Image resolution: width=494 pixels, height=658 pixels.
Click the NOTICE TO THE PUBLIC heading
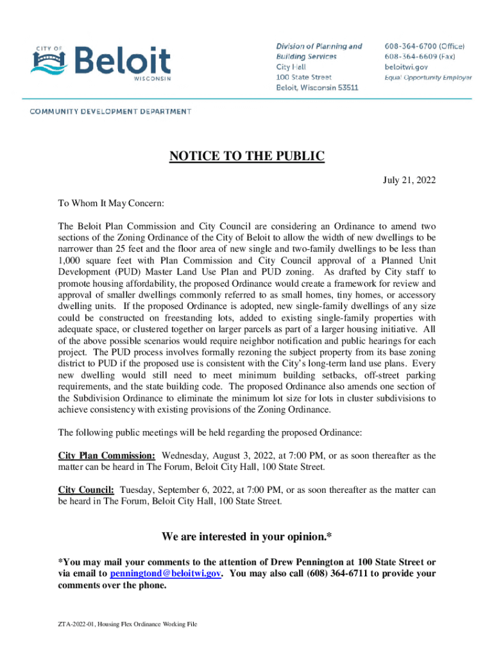point(247,156)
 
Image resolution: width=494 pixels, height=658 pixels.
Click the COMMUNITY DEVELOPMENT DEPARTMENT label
point(110,111)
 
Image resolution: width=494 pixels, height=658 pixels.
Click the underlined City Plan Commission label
point(106,456)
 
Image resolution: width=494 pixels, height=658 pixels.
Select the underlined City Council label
point(86,490)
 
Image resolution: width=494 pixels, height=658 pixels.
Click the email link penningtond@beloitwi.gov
point(166,573)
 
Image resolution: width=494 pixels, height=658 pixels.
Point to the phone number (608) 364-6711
point(334,573)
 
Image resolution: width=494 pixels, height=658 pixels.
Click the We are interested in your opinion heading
point(247,537)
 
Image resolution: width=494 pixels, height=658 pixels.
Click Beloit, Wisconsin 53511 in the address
point(317,87)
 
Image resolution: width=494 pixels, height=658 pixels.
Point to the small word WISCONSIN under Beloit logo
point(152,78)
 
